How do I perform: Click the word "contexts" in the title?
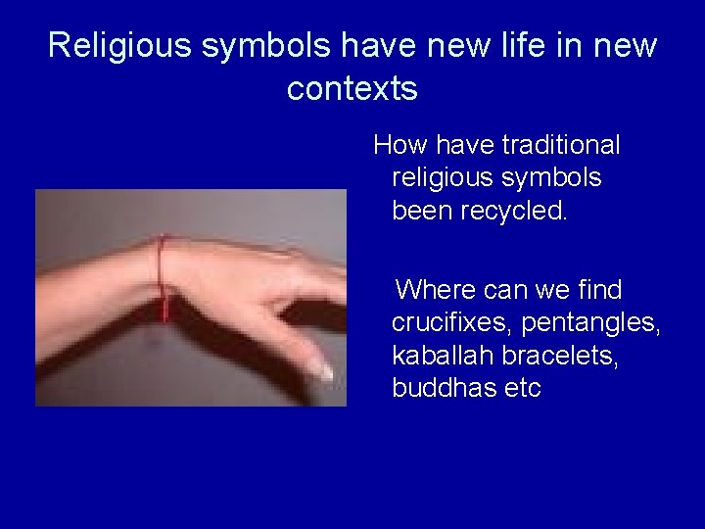tap(352, 88)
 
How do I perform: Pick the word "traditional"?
tap(560, 146)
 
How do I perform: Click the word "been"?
tap(422, 211)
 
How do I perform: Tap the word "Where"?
tap(440, 290)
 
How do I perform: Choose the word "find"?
tap(601, 290)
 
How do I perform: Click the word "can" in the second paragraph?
tap(505, 290)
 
